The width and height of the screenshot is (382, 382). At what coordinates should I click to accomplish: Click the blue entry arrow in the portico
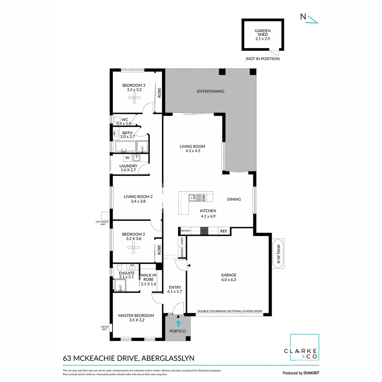(178, 323)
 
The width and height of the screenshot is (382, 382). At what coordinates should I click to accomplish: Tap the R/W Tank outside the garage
(278, 254)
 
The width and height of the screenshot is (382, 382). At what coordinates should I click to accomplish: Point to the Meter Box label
(104, 328)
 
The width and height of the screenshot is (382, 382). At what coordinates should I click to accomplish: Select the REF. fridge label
(224, 231)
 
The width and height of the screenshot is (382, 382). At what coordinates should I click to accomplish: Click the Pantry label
(185, 231)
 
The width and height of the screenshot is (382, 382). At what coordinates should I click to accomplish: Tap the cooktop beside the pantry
(204, 231)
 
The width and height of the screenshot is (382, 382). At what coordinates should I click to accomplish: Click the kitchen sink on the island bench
(192, 198)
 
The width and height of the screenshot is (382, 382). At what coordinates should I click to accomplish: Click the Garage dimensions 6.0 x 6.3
(228, 279)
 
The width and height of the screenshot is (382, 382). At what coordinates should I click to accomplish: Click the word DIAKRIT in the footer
(311, 373)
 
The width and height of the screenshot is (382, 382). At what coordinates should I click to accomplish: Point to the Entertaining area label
(210, 91)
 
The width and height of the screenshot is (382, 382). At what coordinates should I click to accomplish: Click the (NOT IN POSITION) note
(262, 59)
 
